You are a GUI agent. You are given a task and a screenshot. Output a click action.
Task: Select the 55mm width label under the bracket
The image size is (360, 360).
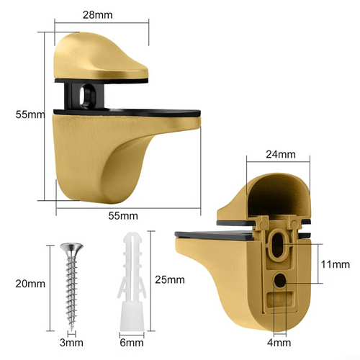[124, 215]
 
